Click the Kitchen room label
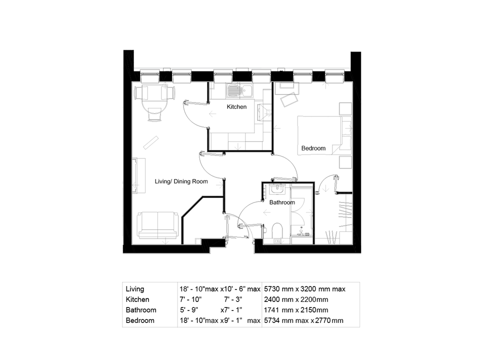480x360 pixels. [236, 107]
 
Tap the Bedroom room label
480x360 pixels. [313, 148]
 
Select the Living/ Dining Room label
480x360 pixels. [181, 181]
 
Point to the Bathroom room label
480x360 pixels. [282, 202]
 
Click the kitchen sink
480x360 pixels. [234, 91]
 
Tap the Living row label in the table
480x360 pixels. [135, 289]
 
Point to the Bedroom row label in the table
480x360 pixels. [140, 320]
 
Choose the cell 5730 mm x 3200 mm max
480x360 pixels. [304, 289]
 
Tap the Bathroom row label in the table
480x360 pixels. [140, 310]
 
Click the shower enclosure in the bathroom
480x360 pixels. [302, 212]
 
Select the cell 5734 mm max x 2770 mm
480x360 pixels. [303, 320]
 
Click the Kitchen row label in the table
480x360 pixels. [137, 299]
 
